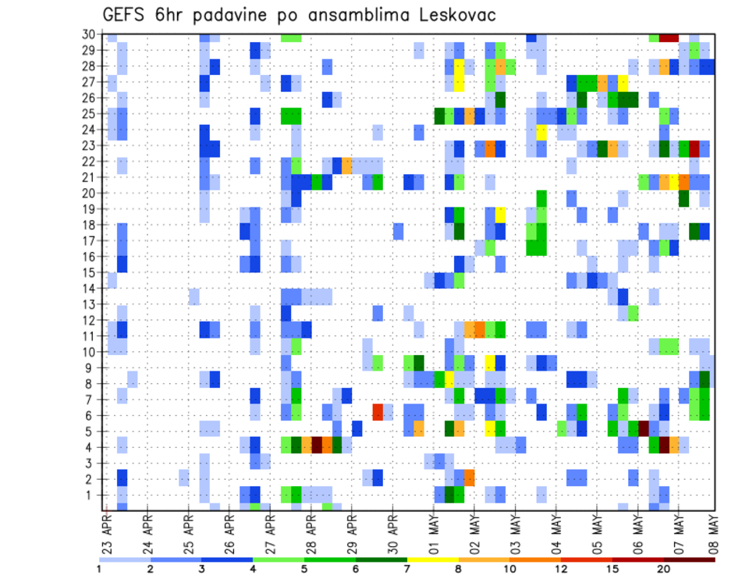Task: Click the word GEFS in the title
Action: [126, 16]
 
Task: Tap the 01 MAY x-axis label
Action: [435, 534]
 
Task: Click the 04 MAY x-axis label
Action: [557, 534]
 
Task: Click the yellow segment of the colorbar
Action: [432, 559]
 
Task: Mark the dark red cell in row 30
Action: [669, 37]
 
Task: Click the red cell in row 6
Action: [378, 410]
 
